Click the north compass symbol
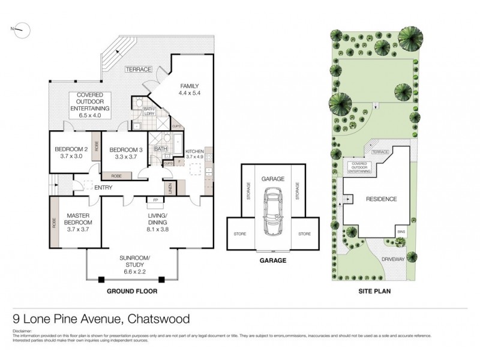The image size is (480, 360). click(20, 28)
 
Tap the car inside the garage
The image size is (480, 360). click(273, 213)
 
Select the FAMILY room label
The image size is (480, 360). click(188, 89)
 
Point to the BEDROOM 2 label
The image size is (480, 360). click(71, 152)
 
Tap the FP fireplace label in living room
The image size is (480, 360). click(155, 200)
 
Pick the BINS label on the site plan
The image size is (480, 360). click(401, 230)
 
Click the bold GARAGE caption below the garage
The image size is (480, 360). click(273, 261)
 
